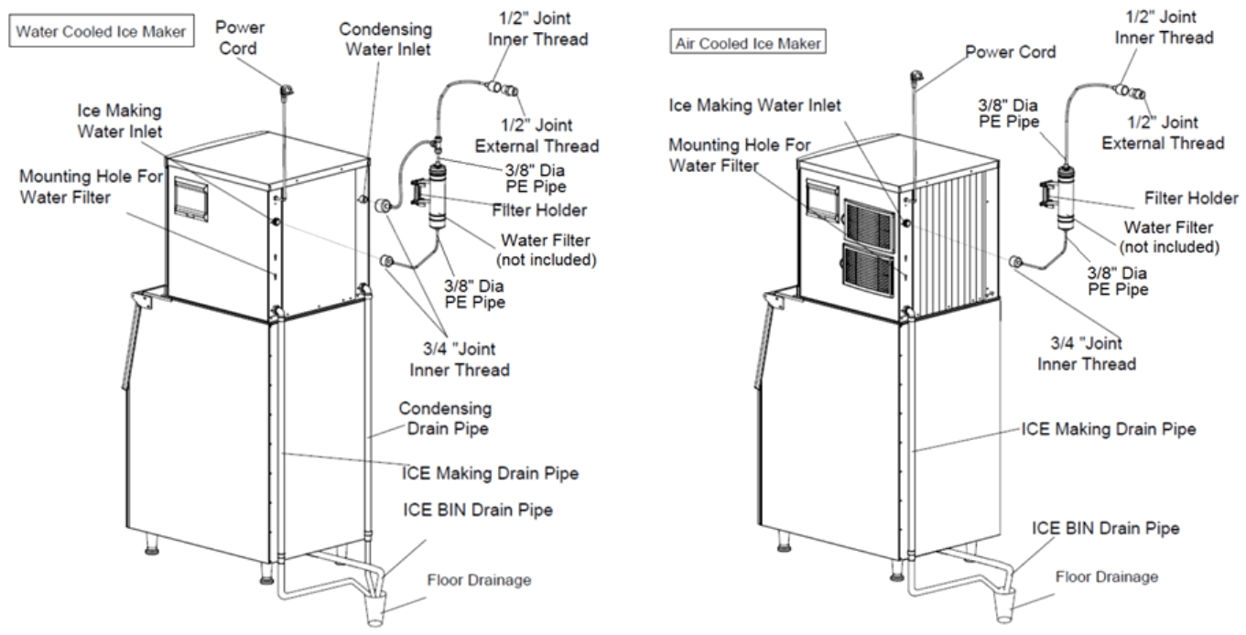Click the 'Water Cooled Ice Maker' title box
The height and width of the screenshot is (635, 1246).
[x=101, y=31]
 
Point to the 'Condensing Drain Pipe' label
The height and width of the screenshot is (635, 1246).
[x=445, y=419]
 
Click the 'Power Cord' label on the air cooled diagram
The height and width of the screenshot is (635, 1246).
[x=1010, y=52]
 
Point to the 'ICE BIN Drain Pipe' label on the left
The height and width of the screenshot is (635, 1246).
[x=478, y=510]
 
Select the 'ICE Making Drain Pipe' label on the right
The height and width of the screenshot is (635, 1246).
[x=1108, y=429]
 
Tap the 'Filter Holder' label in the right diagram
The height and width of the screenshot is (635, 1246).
[x=1191, y=199]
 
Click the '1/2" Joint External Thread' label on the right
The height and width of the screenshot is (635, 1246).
[x=1163, y=133]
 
